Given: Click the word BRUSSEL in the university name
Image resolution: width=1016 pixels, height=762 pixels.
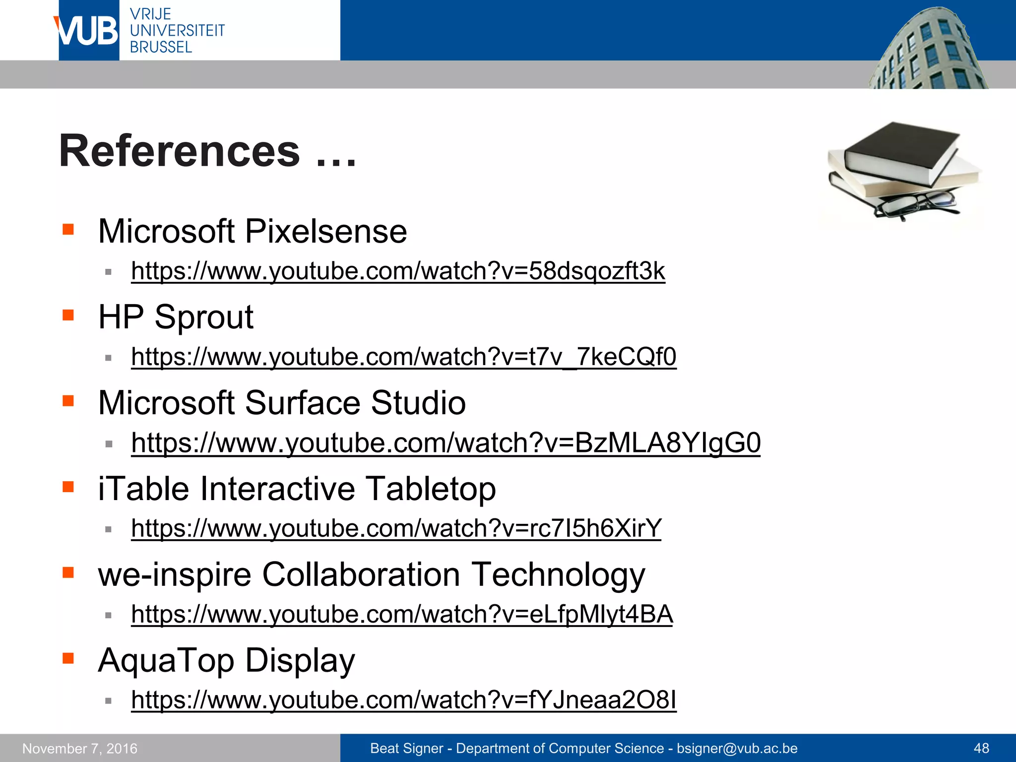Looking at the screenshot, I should pyautogui.click(x=161, y=47).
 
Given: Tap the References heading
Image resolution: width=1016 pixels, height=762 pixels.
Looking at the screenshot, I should pyautogui.click(x=180, y=151).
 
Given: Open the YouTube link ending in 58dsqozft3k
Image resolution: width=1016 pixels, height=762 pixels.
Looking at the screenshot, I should pyautogui.click(x=398, y=271).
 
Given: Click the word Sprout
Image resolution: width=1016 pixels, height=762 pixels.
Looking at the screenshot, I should pyautogui.click(x=204, y=317).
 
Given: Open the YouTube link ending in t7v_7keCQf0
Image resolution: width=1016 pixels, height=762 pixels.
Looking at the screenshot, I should pyautogui.click(x=403, y=357).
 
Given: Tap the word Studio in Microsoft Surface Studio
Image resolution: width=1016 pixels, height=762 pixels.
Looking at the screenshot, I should pyautogui.click(x=418, y=403).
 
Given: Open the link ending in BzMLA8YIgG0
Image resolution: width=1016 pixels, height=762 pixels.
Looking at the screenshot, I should pyautogui.click(x=445, y=443).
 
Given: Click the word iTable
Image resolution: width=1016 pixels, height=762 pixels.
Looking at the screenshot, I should pyautogui.click(x=143, y=489).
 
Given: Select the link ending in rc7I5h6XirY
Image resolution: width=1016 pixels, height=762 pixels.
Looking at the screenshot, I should pyautogui.click(x=396, y=529).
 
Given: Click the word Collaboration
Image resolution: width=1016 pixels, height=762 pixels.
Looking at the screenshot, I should pyautogui.click(x=361, y=574).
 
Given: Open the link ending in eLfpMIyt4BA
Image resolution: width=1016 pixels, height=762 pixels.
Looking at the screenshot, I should pyautogui.click(x=402, y=615).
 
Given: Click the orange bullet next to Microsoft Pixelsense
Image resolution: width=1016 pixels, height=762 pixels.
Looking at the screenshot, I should pyautogui.click(x=68, y=229).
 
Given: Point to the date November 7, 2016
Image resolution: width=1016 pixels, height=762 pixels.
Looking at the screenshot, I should pyautogui.click(x=80, y=749).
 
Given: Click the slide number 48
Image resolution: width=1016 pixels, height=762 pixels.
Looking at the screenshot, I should pyautogui.click(x=981, y=748).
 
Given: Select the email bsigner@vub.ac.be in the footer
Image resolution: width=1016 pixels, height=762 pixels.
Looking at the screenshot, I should pyautogui.click(x=737, y=749).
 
